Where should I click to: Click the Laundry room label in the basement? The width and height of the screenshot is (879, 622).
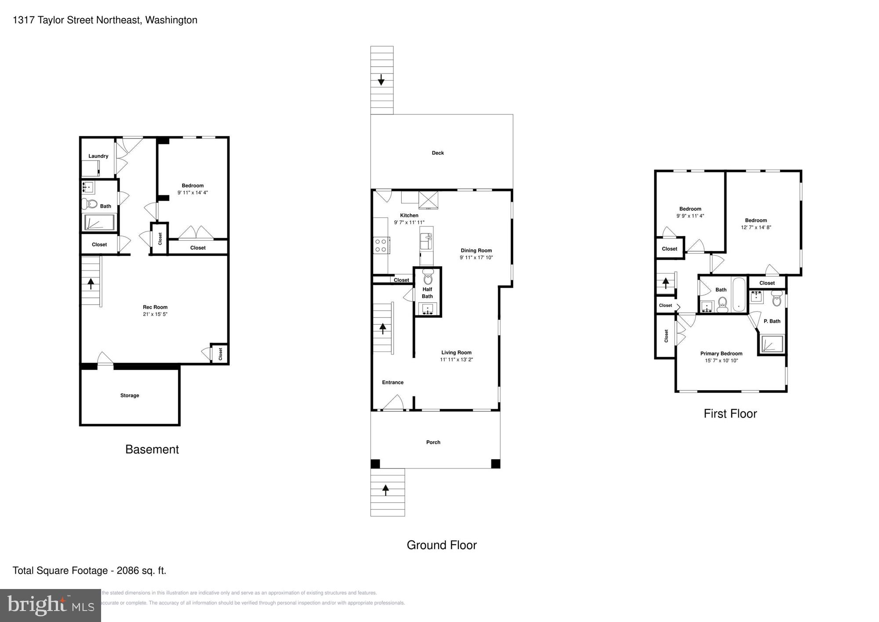98,156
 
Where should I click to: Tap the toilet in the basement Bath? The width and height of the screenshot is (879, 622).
89,204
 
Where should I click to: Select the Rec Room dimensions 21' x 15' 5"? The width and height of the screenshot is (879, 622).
155,314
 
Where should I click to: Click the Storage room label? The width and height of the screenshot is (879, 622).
130,395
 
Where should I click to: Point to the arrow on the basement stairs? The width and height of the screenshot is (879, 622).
91,283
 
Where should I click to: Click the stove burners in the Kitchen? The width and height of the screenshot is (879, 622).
380,245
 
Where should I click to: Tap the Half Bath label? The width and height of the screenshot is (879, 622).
427,293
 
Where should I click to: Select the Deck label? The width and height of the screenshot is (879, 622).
438,153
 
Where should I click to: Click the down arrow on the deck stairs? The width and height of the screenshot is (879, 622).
381,80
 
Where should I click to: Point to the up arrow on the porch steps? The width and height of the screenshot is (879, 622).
386,490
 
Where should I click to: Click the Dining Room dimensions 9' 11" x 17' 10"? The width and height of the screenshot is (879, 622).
476,258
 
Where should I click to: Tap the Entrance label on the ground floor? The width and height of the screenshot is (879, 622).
392,383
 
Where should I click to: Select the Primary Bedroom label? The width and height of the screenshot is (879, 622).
721,354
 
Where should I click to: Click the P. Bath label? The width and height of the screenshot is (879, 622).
772,321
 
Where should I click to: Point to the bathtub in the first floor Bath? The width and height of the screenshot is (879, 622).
739,295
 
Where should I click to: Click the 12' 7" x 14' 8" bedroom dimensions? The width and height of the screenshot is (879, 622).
756,227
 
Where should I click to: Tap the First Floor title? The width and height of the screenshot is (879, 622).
730,413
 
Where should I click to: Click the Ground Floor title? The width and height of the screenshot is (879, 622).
441,545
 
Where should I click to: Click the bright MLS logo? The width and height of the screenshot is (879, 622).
51,605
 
